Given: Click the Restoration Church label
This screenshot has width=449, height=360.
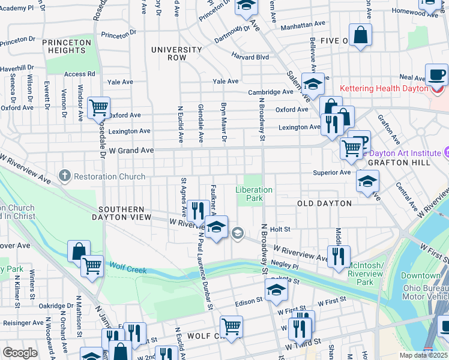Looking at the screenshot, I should (x=106, y=176).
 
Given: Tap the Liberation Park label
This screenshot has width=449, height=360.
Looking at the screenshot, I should (x=253, y=194).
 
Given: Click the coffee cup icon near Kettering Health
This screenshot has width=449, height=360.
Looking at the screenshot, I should (x=436, y=76).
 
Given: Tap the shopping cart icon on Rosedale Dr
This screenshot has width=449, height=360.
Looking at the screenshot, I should (x=98, y=109).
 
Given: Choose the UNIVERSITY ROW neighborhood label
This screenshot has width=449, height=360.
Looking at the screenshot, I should (x=176, y=53).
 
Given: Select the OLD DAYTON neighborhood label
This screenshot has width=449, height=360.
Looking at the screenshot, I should (x=324, y=203).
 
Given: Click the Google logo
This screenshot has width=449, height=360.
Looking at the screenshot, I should (x=20, y=353).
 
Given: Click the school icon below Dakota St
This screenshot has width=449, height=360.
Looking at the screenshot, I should (x=276, y=290).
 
